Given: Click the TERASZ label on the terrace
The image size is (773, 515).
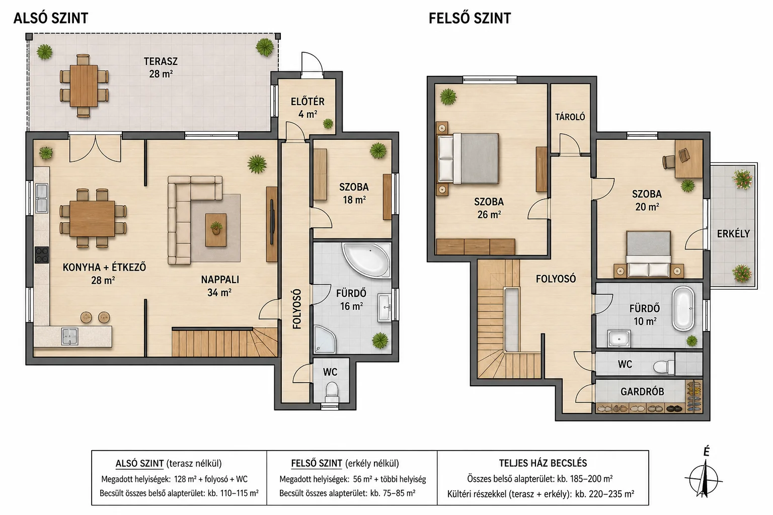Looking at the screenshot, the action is (161, 61).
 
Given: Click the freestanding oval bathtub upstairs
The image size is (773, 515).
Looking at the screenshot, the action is (683, 308).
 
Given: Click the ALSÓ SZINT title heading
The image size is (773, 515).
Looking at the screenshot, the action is (51, 18).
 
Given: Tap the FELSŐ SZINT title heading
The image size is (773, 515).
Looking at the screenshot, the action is (470, 18).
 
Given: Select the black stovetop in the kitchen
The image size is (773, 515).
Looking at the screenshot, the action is (42, 255).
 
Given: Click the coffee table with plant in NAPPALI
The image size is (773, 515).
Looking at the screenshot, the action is (216, 230).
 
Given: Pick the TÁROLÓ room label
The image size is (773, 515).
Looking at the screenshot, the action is (570, 117).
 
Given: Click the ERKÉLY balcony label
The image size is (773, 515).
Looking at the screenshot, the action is (733, 234).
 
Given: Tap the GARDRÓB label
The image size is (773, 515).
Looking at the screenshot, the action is (642, 391).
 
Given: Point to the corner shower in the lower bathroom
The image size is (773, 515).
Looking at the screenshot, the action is (325, 339).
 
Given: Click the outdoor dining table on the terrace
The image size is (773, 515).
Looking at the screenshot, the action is (84, 85).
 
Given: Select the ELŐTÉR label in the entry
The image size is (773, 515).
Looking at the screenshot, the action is (307, 102).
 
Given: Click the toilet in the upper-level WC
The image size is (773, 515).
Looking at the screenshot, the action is (664, 367).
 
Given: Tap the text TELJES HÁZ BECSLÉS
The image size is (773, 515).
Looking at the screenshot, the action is (543, 463).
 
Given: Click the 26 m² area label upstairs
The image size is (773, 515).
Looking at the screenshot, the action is (489, 215).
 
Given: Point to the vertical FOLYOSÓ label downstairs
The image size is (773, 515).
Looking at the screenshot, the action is (297, 309).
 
